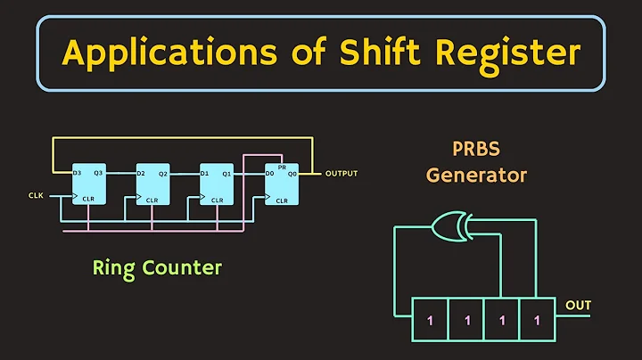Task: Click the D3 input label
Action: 78,173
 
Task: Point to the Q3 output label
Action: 99,173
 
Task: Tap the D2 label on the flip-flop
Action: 142,173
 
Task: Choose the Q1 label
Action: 227,173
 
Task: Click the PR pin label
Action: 283,166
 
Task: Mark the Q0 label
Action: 292,175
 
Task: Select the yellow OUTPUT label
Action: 342,173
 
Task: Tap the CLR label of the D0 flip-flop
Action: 282,200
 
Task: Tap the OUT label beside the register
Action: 579,306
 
